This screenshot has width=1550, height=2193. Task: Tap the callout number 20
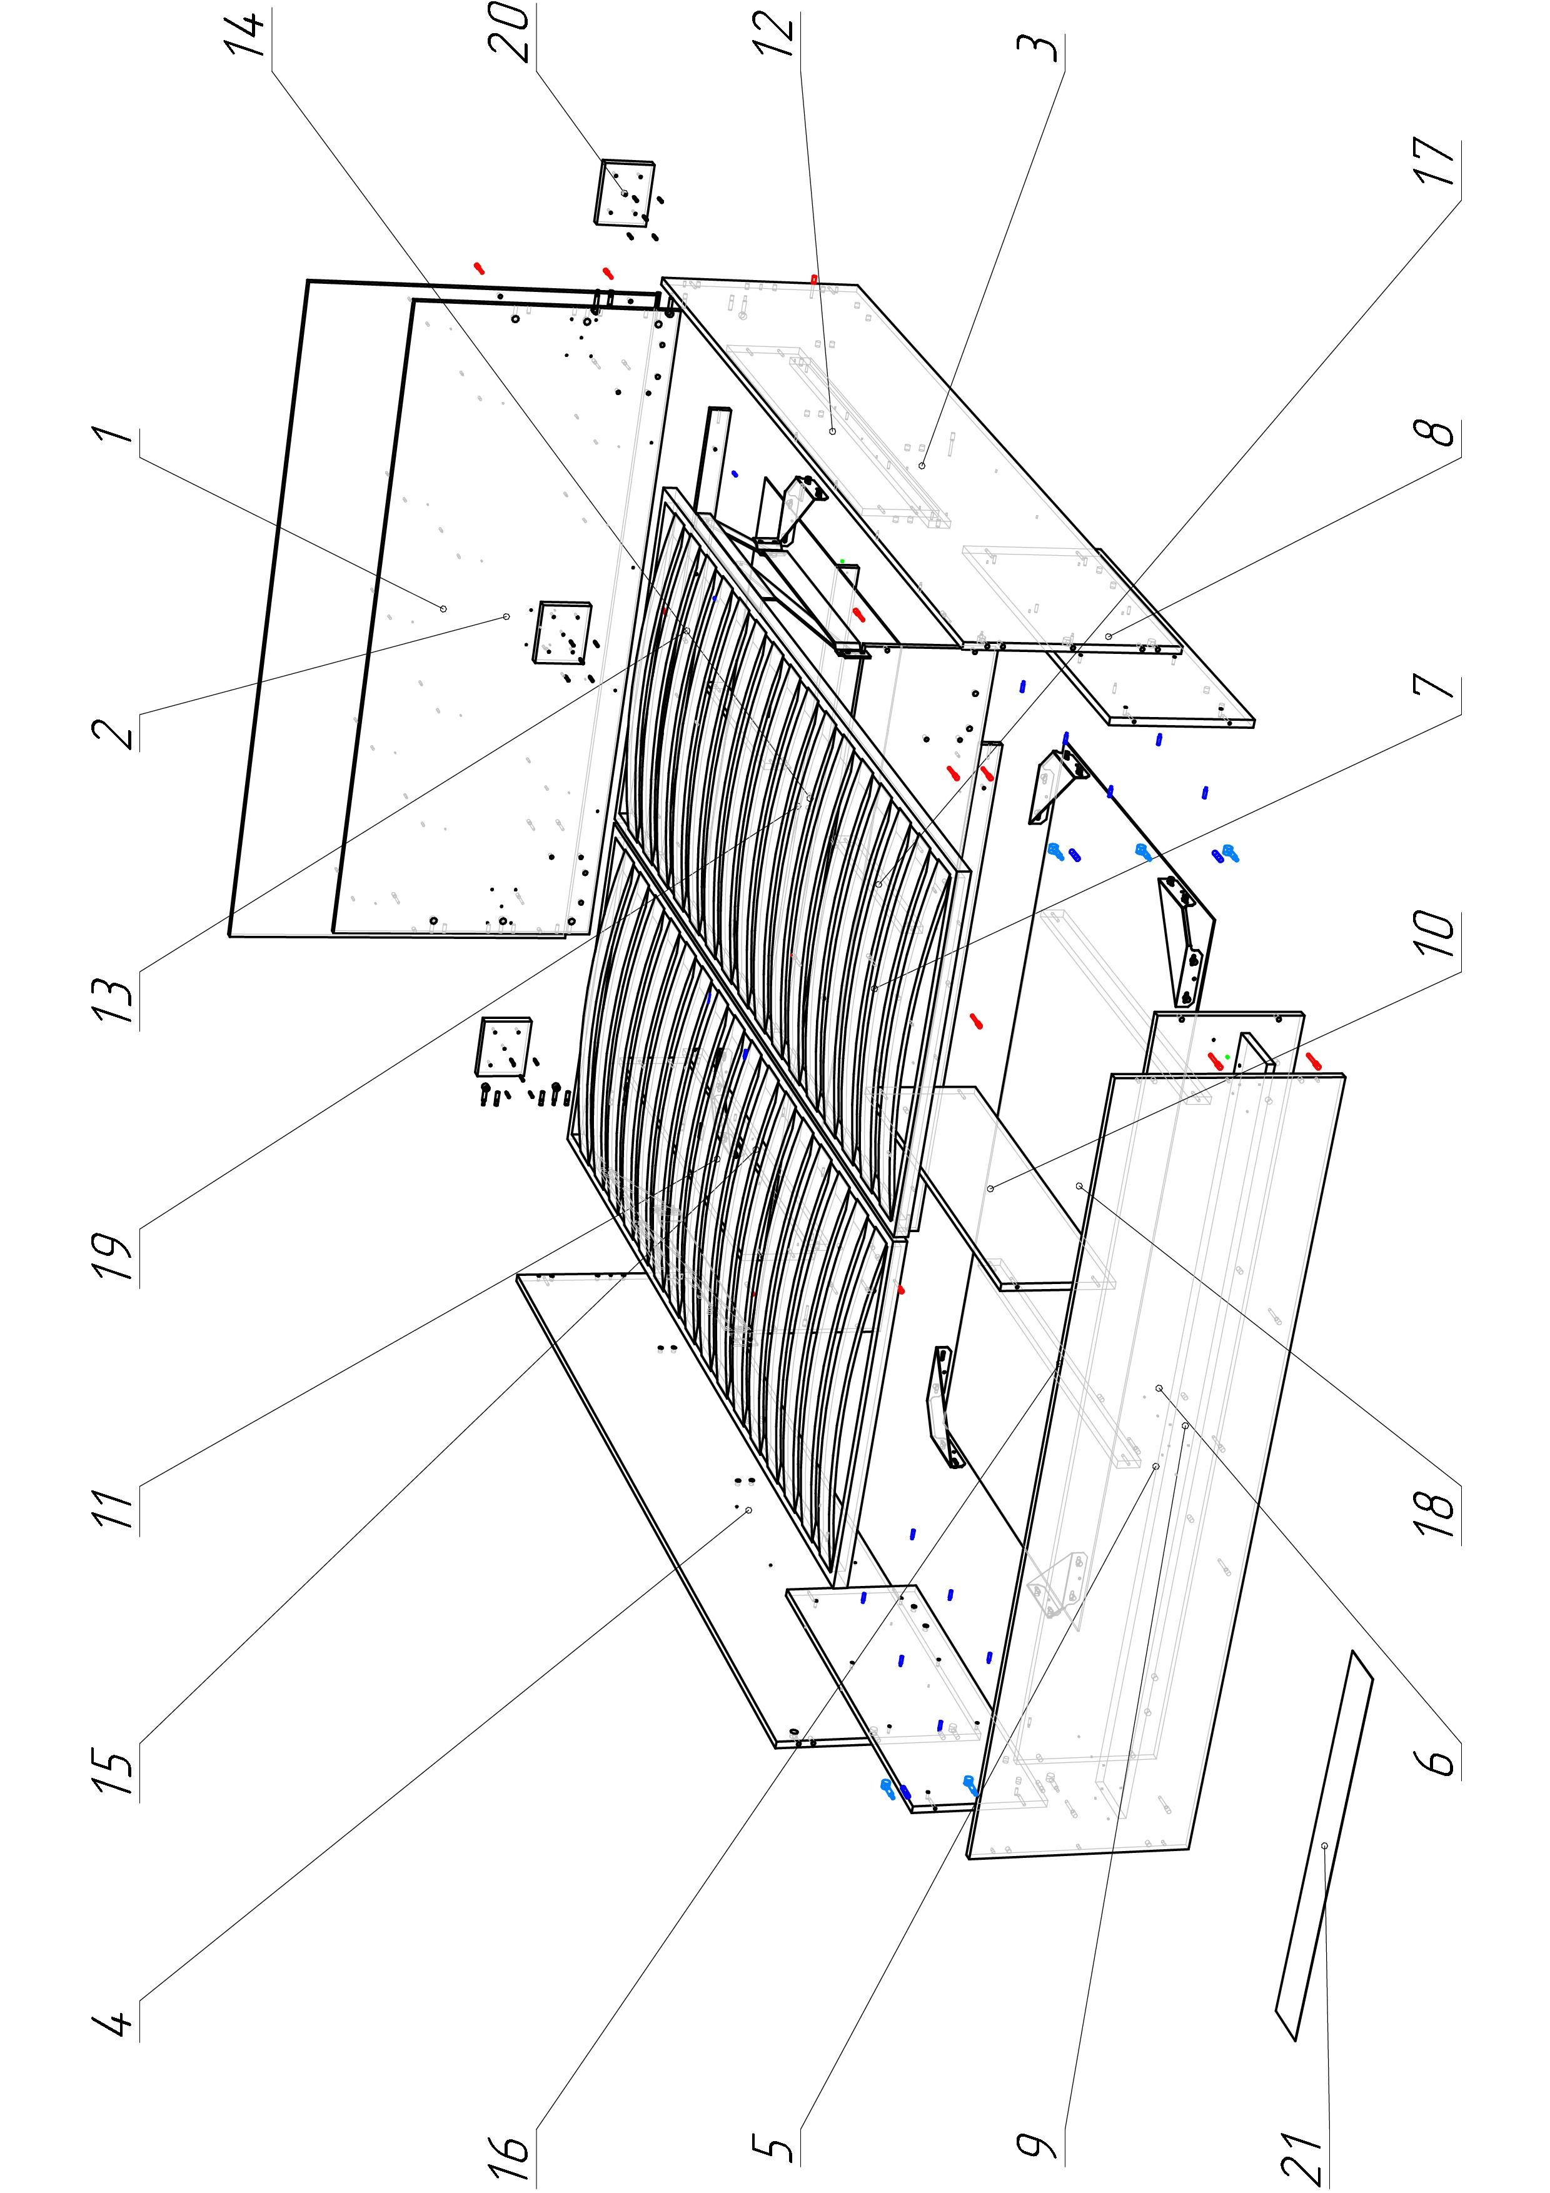click(515, 34)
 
